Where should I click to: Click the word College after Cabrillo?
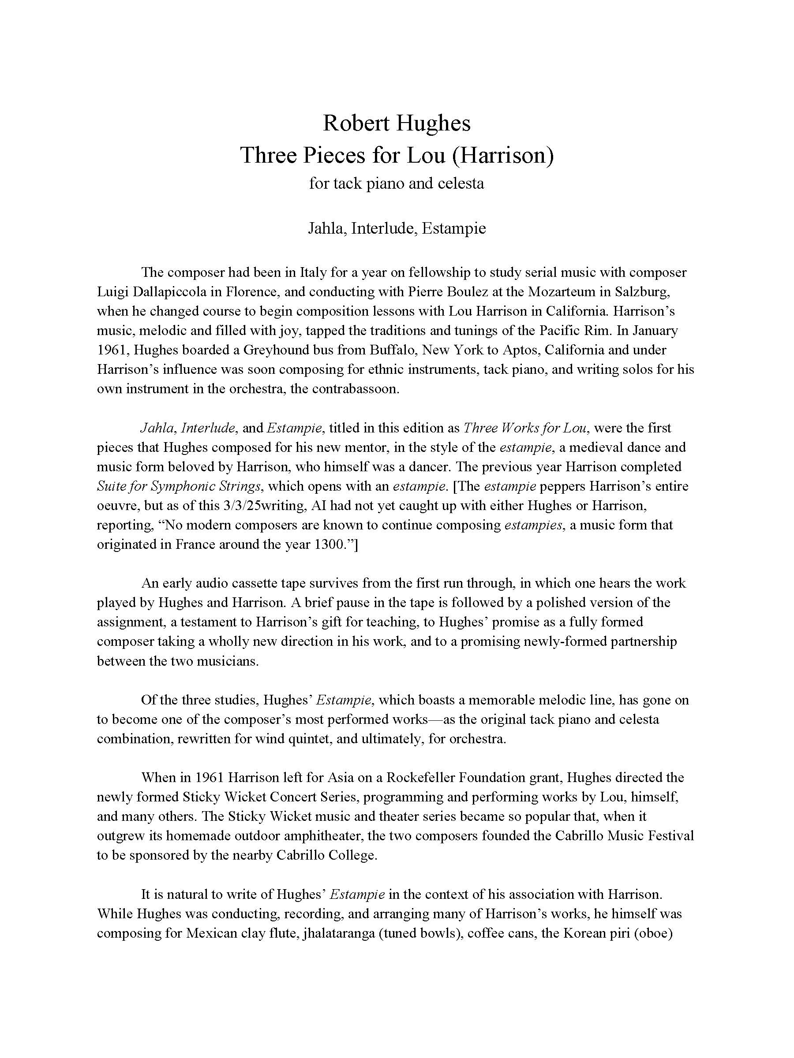353,856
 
